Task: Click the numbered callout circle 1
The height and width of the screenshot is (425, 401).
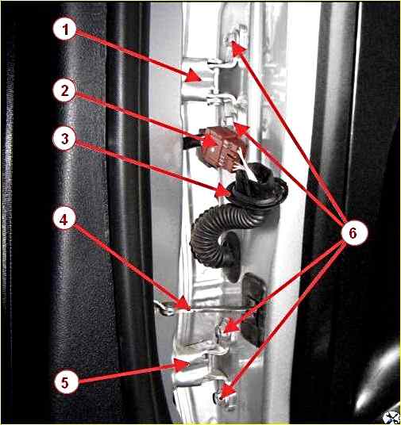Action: point(65,29)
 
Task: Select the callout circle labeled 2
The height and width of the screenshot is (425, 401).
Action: point(64,91)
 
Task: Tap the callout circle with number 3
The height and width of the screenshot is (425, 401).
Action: point(64,139)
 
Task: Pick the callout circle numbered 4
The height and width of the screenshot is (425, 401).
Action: point(64,220)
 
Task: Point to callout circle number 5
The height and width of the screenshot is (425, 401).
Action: point(65,382)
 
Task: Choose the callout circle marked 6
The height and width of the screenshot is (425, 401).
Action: point(353,232)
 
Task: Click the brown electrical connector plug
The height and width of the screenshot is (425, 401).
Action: point(221,147)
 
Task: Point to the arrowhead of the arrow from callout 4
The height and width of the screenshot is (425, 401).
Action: point(183,303)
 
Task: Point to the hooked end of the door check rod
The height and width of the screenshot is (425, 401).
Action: point(165,308)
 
